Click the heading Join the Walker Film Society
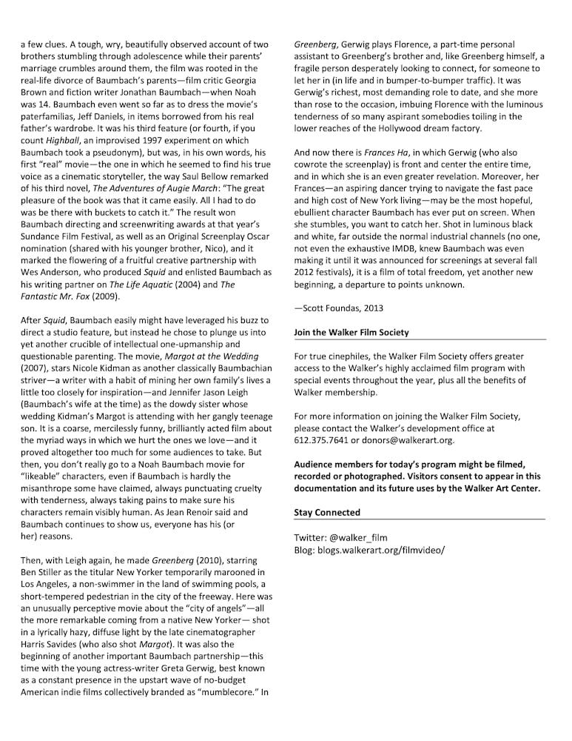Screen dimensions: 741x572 [351, 332]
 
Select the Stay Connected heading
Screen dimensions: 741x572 [327, 512]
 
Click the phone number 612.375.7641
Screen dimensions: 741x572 [323, 440]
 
